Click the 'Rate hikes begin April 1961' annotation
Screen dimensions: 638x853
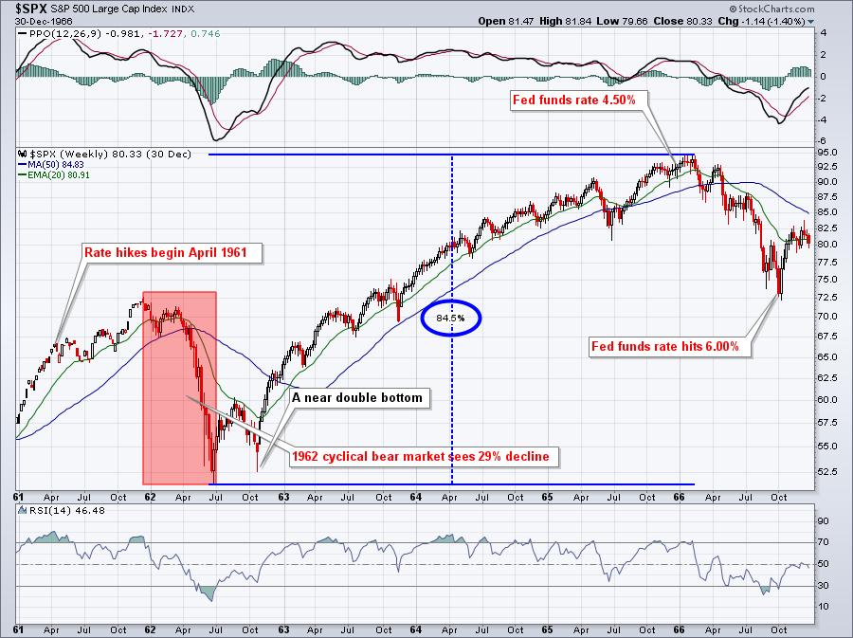(173, 253)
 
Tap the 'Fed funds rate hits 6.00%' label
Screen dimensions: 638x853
(671, 347)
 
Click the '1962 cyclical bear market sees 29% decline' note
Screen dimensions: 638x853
(420, 457)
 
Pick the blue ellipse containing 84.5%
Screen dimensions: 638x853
(450, 319)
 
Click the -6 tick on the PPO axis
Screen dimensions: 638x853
(821, 141)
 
